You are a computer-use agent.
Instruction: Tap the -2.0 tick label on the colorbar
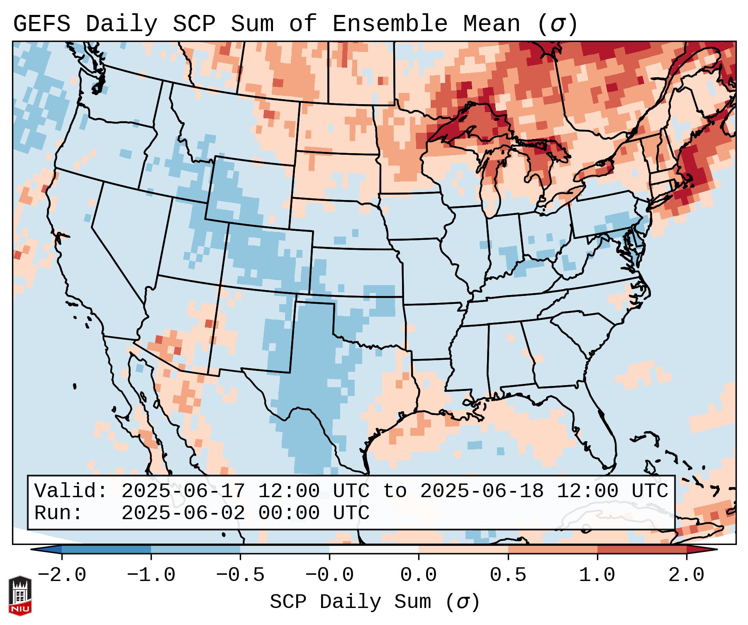62,575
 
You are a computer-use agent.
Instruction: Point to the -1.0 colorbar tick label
151,575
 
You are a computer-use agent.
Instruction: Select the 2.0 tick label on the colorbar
687,575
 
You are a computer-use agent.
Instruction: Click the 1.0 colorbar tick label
597,575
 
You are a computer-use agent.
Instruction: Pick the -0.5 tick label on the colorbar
240,575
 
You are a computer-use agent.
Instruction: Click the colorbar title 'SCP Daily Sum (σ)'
375,602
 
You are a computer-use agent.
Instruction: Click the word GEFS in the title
41,24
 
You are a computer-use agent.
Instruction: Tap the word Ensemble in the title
390,24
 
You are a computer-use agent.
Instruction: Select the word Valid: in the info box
71,491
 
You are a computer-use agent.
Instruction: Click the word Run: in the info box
58,513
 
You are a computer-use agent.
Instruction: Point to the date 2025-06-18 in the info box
482,491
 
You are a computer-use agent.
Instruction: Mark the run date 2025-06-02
183,513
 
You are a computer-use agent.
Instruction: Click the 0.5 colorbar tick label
508,575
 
